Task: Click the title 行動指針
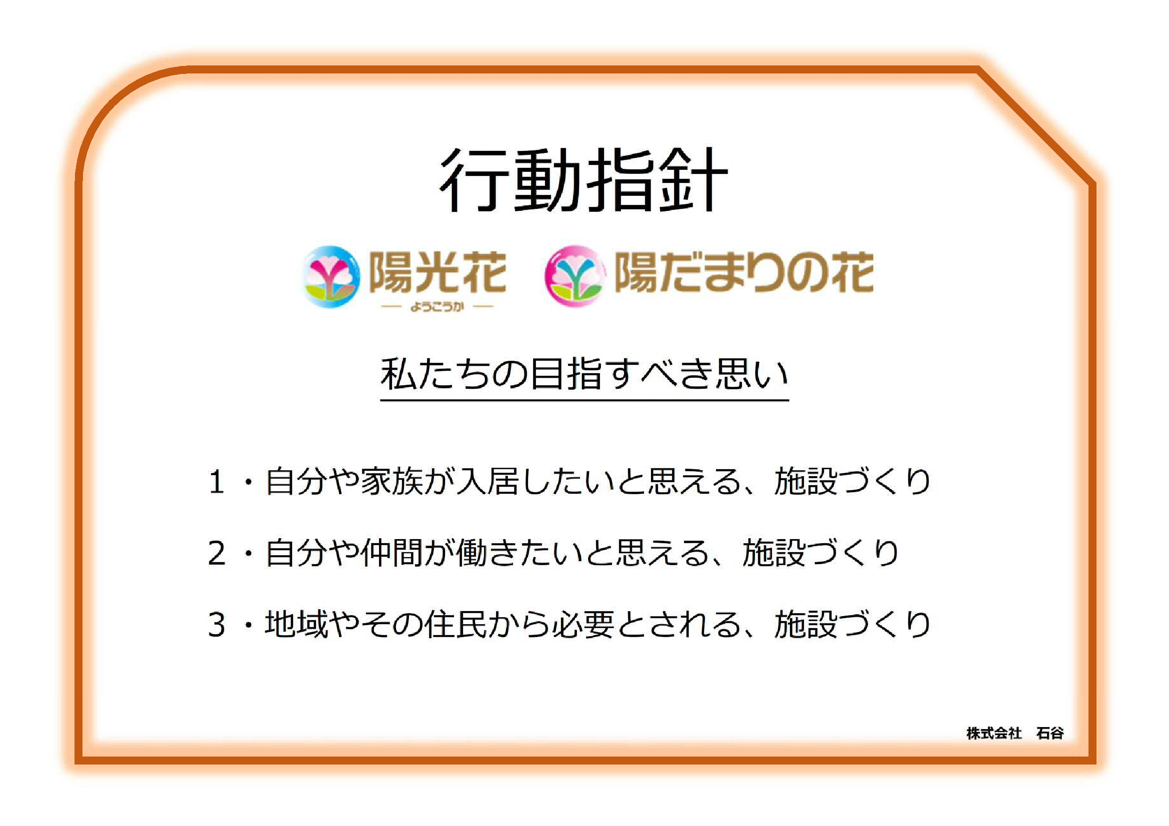coord(583,180)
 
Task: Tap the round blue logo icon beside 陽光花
coord(331,277)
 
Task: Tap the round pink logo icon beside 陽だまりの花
coord(575,276)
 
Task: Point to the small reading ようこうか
coord(437,306)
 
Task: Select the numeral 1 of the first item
coord(217,481)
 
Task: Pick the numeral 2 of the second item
coord(217,553)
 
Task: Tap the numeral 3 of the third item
coord(217,625)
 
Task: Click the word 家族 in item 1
coord(392,481)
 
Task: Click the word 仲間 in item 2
coord(392,553)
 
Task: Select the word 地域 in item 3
coord(296,625)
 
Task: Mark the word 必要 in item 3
coord(583,625)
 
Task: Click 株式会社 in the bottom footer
coord(994,734)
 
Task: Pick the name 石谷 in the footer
coord(1050,734)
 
